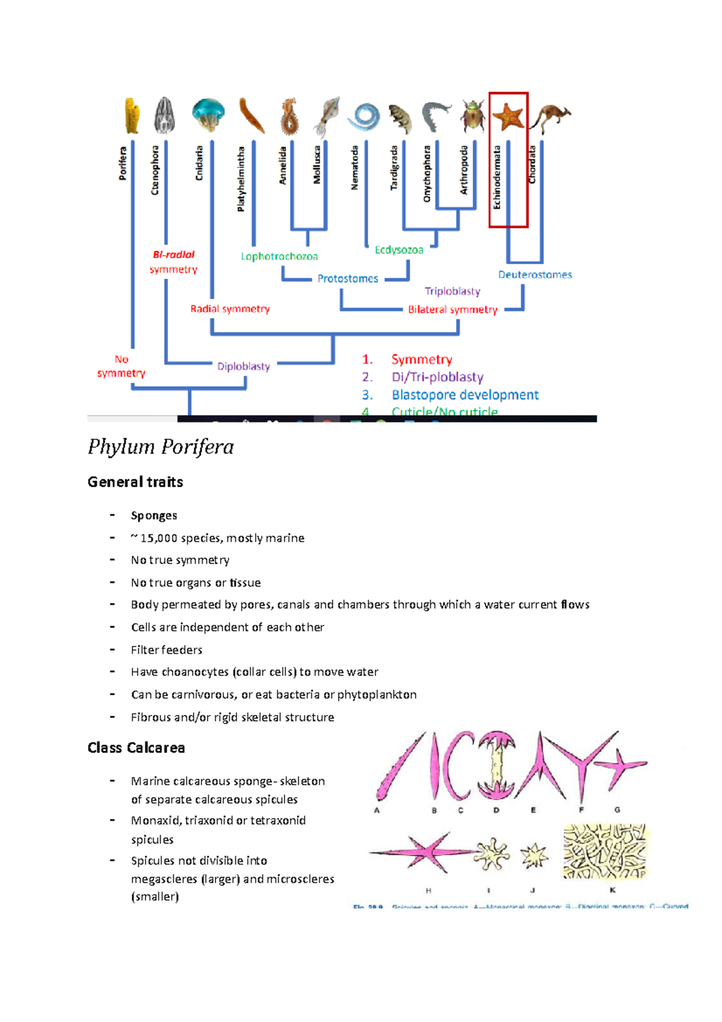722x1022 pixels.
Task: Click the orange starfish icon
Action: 508,116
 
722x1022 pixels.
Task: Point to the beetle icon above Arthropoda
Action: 473,115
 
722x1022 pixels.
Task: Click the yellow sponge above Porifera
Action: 132,115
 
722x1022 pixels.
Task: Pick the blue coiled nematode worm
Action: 364,116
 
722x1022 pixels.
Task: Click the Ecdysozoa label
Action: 399,250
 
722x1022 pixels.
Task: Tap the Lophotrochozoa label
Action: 279,256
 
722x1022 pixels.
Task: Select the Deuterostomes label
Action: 535,274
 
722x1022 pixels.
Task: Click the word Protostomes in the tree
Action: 348,279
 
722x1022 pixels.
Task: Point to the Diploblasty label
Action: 244,366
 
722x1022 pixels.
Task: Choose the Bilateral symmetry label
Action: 452,309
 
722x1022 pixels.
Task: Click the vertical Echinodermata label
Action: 497,178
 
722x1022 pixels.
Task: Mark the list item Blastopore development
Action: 465,395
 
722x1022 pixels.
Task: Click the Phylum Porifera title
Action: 161,447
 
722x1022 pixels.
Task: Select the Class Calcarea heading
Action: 137,748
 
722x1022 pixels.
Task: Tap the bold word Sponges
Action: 154,515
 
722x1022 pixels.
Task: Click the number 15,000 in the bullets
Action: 158,538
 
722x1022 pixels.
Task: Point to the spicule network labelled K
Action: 605,852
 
